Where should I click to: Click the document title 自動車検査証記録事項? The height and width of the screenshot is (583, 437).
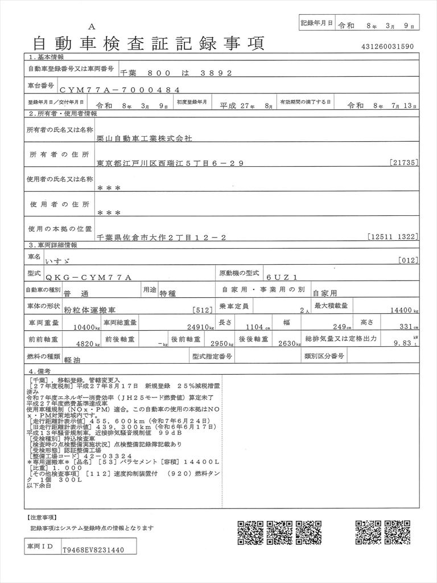tap(149, 43)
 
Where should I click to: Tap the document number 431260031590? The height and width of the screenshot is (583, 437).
tap(387, 47)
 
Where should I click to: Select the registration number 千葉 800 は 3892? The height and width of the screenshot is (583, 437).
tap(176, 73)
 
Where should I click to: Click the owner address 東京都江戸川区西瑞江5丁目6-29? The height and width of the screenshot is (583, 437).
tap(170, 163)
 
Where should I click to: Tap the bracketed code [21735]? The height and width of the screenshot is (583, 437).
tap(405, 163)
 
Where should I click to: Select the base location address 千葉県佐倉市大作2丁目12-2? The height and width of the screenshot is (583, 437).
tap(162, 237)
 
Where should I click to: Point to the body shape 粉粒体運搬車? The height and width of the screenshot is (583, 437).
tap(89, 310)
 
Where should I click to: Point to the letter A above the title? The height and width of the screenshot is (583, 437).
tap(92, 27)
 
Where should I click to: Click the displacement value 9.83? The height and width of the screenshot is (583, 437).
tap(402, 343)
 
